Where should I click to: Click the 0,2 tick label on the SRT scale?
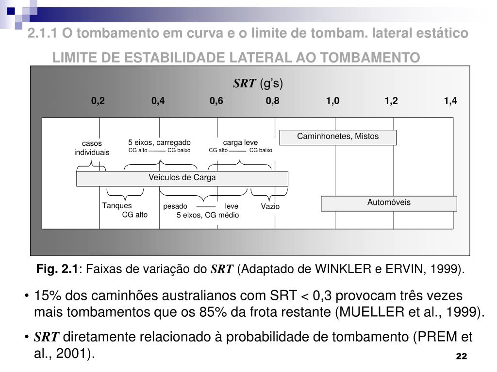click(x=98, y=101)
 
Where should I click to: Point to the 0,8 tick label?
click(x=272, y=101)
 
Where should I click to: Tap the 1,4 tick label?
click(x=450, y=101)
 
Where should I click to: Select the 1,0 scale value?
click(x=333, y=101)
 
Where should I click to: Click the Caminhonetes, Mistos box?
click(x=338, y=137)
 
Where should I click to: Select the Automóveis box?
click(x=389, y=203)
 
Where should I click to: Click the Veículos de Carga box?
click(x=182, y=178)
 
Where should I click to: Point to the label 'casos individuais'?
click(x=92, y=148)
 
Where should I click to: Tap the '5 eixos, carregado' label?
click(x=159, y=142)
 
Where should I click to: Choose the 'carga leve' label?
click(x=240, y=142)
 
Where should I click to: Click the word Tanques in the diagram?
click(x=117, y=206)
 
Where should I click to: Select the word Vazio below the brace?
click(x=270, y=206)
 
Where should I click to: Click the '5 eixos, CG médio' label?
click(x=208, y=215)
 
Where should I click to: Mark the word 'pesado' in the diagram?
click(x=175, y=206)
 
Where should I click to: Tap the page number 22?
click(x=461, y=357)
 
